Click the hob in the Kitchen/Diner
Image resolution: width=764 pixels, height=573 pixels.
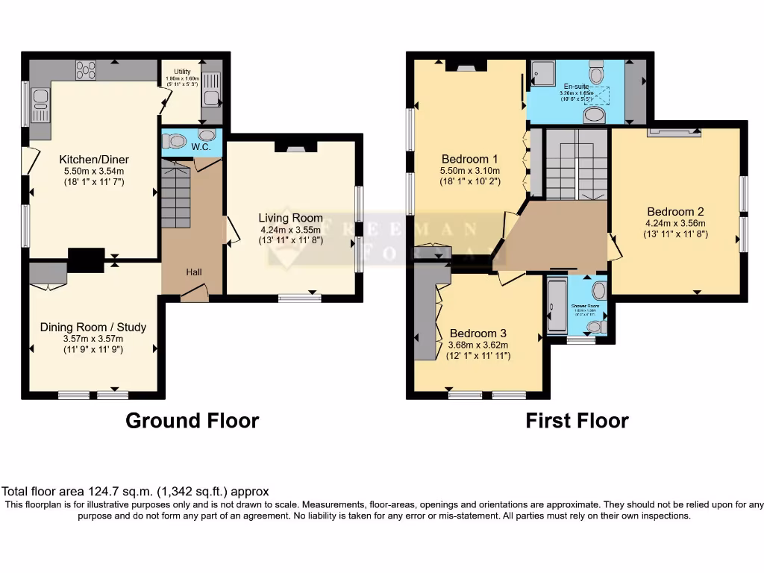point(86,70)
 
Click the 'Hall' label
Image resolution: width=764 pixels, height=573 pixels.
point(194,272)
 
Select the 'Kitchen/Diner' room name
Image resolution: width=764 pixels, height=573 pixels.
point(94,160)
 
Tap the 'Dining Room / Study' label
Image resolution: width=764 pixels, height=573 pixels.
point(93,327)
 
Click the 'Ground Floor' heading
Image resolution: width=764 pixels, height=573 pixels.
point(192,421)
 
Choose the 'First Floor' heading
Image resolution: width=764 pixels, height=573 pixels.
point(577,421)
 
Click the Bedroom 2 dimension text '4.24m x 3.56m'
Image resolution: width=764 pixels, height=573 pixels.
point(675,223)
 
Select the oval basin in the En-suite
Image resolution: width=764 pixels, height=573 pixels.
point(594,114)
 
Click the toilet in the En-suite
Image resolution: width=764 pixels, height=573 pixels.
point(596,73)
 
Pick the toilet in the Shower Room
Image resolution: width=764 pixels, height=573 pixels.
point(595,326)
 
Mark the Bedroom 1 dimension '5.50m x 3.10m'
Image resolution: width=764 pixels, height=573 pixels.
point(470,171)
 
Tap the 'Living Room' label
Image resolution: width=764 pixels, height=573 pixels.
point(290,218)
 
